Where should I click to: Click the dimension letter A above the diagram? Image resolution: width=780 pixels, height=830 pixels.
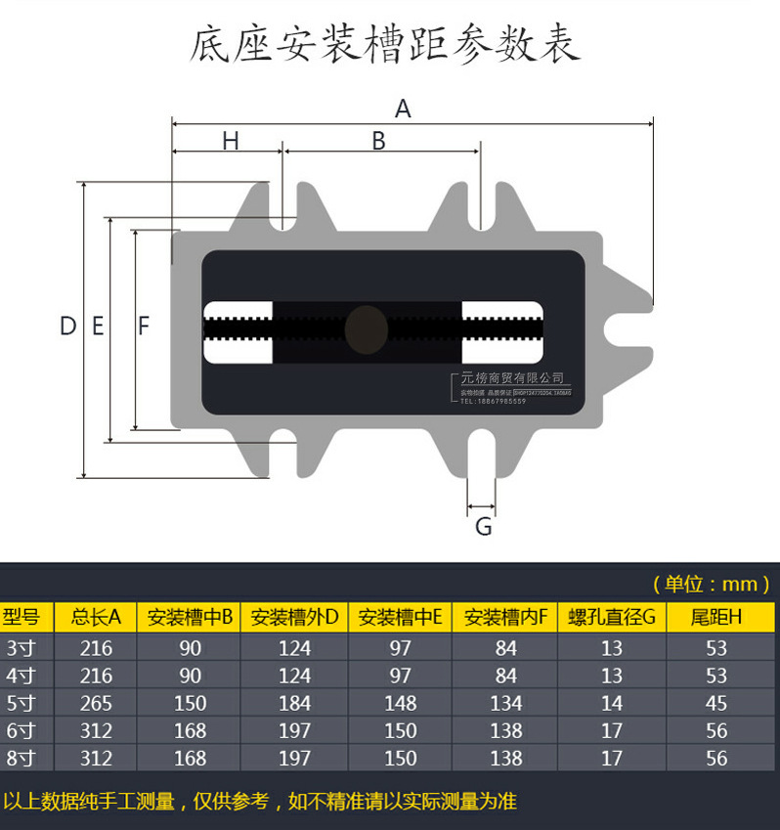[403, 109]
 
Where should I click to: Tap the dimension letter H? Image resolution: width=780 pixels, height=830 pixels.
[230, 141]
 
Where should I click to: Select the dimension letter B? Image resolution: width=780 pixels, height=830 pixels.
[378, 141]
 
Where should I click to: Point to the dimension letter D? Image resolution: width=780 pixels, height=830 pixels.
[67, 327]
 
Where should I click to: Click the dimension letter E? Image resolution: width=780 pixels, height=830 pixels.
[98, 327]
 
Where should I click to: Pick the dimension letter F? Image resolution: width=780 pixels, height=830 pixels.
[144, 327]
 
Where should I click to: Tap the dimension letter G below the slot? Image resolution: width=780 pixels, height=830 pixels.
[483, 528]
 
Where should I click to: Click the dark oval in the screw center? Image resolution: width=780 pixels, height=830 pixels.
[366, 328]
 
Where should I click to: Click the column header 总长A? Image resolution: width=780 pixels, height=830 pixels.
[96, 617]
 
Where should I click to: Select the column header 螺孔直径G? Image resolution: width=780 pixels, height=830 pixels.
[611, 617]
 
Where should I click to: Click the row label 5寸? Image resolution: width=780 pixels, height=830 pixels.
[20, 703]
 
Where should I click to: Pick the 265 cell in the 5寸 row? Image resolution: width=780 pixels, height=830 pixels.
[96, 703]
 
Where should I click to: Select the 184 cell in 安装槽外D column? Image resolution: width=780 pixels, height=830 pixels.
[294, 703]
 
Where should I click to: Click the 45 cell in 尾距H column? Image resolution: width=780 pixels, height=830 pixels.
[716, 703]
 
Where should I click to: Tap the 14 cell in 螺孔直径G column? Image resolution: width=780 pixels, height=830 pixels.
[611, 703]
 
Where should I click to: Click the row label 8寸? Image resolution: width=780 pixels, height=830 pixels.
[20, 758]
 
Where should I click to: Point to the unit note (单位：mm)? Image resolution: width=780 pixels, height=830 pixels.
[711, 584]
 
